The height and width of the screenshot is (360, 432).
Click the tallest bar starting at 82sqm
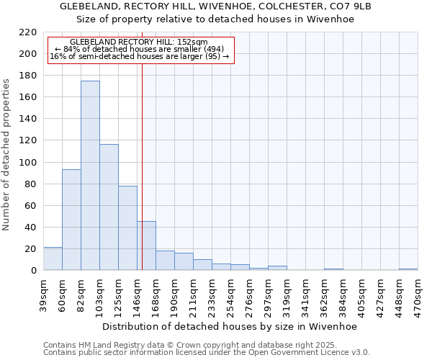(90, 176)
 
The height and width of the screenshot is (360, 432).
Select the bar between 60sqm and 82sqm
(71, 220)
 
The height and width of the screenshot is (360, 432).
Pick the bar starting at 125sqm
(127, 228)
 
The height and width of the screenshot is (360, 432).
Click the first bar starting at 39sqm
(53, 258)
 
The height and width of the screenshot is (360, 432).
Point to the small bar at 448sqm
(408, 269)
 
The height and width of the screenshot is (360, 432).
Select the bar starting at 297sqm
(277, 268)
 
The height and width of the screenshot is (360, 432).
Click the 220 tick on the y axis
(28, 32)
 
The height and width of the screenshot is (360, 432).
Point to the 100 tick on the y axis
(28, 163)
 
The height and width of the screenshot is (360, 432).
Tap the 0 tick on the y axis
(33, 271)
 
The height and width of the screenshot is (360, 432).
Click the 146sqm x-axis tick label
(137, 292)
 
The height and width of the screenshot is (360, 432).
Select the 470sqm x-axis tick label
(418, 292)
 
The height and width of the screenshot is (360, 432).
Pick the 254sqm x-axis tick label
(230, 292)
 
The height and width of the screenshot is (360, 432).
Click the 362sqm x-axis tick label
(324, 292)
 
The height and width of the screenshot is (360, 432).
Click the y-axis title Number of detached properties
(6, 156)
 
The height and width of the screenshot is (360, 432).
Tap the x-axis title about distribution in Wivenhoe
(230, 326)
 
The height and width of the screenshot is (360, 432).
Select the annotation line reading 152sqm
(139, 42)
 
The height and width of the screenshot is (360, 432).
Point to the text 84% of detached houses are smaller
(140, 49)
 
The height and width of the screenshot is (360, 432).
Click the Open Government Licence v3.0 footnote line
(207, 352)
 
